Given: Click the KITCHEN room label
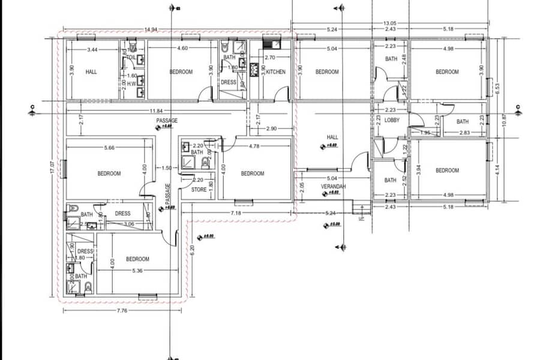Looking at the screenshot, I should [x=276, y=72].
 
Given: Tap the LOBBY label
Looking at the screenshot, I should [x=392, y=120].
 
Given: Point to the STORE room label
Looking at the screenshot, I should [x=199, y=190].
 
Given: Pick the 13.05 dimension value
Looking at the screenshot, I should [x=390, y=23].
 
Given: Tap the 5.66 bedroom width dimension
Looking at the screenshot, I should [x=109, y=146].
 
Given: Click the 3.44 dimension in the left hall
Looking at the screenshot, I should [x=92, y=49].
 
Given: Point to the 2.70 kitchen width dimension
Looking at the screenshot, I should [x=269, y=58].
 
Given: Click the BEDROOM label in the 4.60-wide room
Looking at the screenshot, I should [x=181, y=72].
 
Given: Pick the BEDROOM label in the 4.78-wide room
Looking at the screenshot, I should [x=252, y=173].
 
